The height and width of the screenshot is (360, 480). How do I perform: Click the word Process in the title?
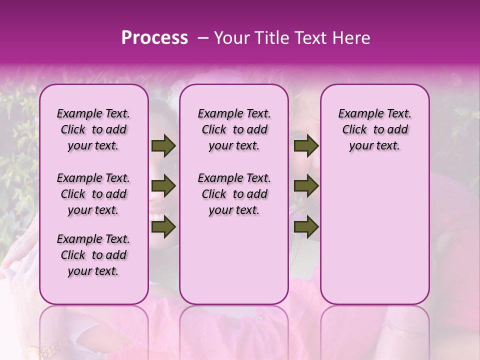point(154,38)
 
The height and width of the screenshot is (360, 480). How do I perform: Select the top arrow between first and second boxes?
point(163,146)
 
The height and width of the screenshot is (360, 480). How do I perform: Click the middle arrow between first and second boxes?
point(163,186)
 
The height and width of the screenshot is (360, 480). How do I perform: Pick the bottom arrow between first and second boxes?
point(163,227)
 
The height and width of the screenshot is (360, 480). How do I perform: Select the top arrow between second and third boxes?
point(306,146)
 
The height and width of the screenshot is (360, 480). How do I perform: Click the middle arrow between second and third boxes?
point(306,186)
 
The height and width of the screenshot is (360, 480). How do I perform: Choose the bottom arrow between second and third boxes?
point(306,227)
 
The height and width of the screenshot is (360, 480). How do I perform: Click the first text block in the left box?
point(93,129)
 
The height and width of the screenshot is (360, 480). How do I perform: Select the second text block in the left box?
point(93,194)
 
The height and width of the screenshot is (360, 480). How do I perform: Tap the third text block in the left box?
point(93,255)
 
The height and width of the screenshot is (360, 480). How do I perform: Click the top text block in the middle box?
point(234,129)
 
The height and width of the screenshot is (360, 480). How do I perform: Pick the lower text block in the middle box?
point(234,194)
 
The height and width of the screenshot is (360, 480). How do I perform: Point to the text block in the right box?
point(374,129)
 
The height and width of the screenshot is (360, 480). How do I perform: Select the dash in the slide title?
point(202,38)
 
